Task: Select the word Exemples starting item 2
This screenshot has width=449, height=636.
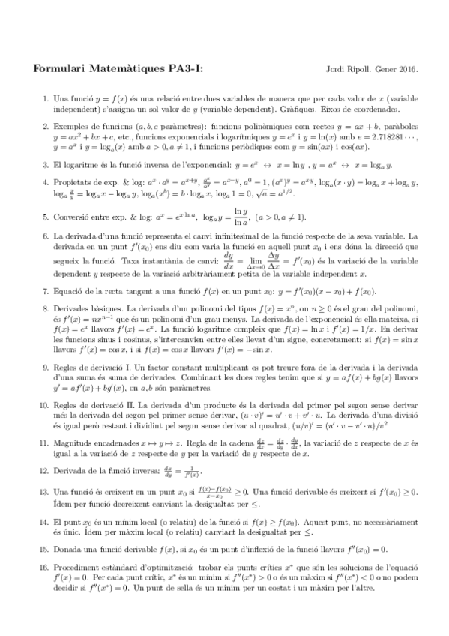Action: tap(70, 127)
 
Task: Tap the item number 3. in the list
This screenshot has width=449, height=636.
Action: tap(46, 164)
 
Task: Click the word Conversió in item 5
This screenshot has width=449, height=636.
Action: tap(73, 217)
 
